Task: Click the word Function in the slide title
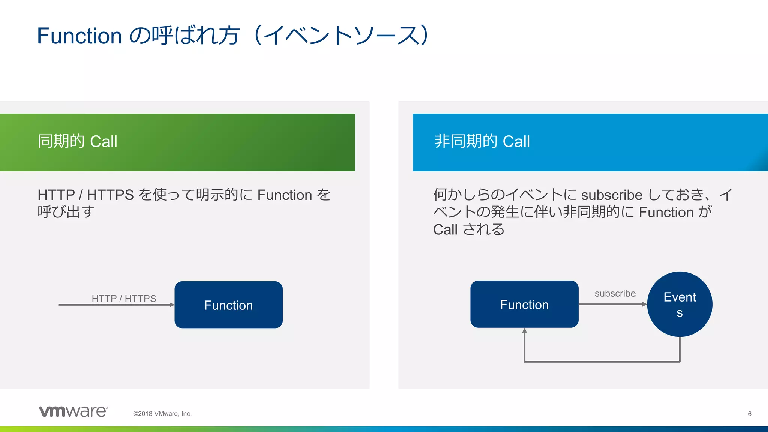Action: point(79,36)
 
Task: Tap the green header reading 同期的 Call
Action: point(177,142)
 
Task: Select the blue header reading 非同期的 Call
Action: point(590,142)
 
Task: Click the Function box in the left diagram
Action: point(228,305)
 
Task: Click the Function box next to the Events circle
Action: point(524,304)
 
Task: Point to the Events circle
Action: point(679,304)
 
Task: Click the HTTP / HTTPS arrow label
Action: point(124,298)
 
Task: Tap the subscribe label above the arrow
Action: point(615,293)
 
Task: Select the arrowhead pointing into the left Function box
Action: point(172,305)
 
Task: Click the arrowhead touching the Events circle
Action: point(645,304)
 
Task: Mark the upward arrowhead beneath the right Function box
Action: point(524,331)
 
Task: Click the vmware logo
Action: point(73,411)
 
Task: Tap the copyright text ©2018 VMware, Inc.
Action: point(162,414)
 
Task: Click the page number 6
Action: point(749,414)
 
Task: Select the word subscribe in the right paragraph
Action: point(611,195)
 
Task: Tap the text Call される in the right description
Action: point(468,229)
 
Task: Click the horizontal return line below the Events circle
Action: point(602,361)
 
